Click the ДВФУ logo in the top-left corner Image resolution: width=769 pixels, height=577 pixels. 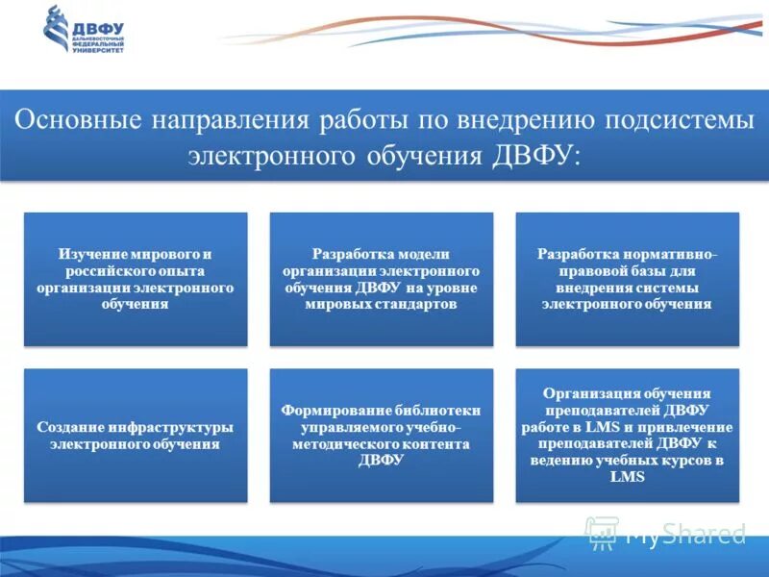85,29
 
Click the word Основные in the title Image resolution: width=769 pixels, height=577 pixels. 73,121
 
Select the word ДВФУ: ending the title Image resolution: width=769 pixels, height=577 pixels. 534,154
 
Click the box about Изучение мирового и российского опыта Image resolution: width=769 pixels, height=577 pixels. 136,279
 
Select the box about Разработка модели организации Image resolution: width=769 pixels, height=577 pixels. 382,279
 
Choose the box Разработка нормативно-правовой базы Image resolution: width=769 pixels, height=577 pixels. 627,279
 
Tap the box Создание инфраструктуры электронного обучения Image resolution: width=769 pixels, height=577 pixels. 136,436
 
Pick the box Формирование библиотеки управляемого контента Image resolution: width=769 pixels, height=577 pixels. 382,436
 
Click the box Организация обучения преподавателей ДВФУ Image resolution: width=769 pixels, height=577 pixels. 627,436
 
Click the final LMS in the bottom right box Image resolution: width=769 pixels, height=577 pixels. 627,477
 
